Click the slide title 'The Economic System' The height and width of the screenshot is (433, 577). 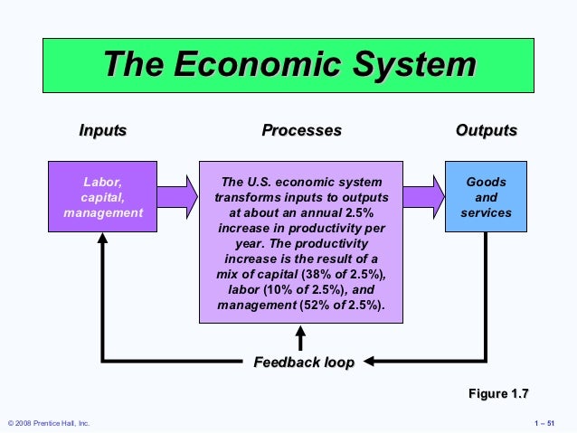point(288,66)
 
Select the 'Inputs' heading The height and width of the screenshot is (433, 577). point(102,130)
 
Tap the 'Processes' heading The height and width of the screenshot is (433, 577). point(301,130)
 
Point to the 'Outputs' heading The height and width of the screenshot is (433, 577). point(486,130)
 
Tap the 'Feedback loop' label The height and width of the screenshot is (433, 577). point(303,362)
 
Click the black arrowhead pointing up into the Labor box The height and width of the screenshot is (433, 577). point(102,240)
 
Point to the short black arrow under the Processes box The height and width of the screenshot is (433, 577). point(301,337)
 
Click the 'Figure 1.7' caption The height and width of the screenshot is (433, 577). point(497,394)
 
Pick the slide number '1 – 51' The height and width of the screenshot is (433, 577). point(550,423)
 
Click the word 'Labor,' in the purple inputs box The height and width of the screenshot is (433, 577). point(102,182)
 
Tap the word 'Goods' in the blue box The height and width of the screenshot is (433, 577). point(486,182)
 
